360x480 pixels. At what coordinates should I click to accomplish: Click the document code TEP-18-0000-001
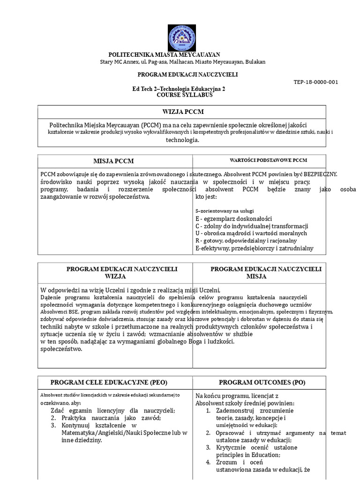(x=315, y=82)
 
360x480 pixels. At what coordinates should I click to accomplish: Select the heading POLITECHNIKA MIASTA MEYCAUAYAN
(x=164, y=55)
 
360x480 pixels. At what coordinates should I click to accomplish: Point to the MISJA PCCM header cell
(x=113, y=161)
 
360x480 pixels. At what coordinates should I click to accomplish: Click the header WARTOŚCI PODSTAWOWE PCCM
(x=268, y=160)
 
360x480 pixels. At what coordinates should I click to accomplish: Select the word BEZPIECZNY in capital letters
(x=320, y=174)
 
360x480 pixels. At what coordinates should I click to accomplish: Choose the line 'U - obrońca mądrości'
(x=251, y=233)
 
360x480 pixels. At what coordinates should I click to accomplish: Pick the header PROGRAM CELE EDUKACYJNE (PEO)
(x=109, y=382)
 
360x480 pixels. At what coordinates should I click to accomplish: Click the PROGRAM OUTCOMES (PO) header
(x=262, y=382)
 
